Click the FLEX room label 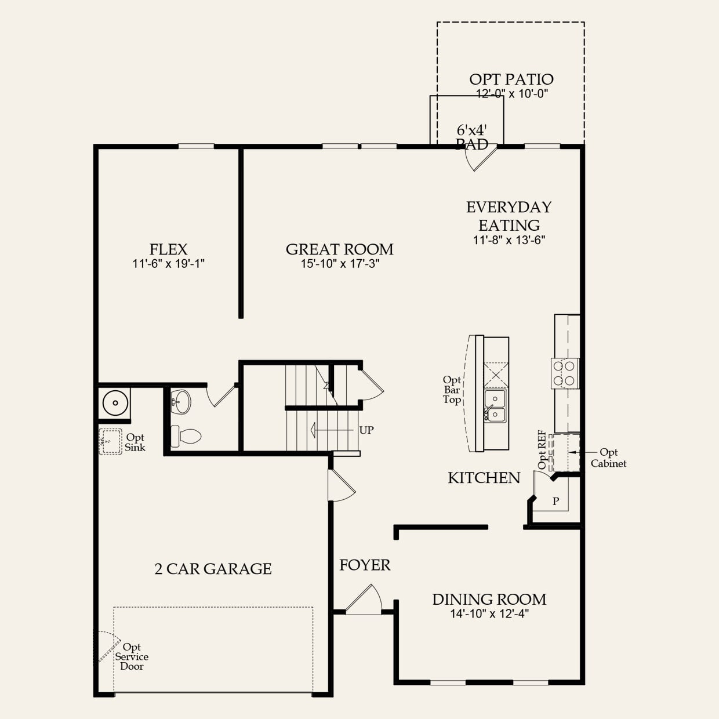point(168,249)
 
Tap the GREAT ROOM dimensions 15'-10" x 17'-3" point(340,264)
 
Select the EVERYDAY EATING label point(509,216)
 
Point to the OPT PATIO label point(511,79)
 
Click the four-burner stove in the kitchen point(565,373)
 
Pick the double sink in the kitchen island point(496,406)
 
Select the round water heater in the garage point(115,403)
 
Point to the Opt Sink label point(135,442)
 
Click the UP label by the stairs point(366,430)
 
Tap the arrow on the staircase point(332,430)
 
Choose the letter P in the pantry point(555,501)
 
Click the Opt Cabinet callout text point(608,458)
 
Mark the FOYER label point(365,565)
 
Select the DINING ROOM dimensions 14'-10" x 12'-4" point(489,614)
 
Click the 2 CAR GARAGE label point(213,569)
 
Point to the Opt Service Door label point(132,656)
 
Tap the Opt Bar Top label point(452,390)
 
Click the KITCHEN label point(484,478)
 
